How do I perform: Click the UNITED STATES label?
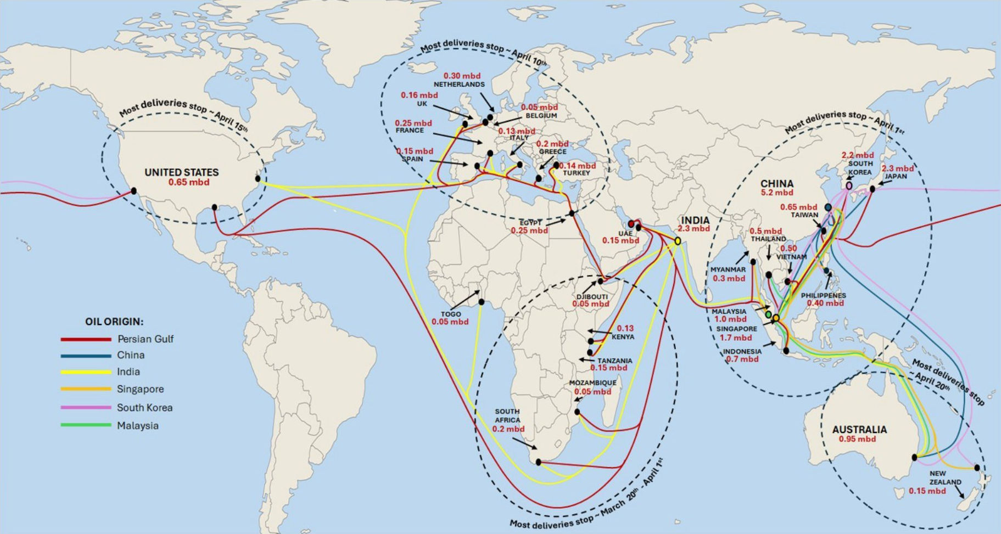point(181,172)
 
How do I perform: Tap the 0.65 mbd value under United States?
point(188,182)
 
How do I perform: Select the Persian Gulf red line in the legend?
point(86,339)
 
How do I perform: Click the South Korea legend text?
point(144,408)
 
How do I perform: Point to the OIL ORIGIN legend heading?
point(114,322)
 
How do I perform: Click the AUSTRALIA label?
point(859,429)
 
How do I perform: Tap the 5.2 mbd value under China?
point(776,193)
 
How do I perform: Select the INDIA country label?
point(695,220)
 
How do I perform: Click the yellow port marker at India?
point(678,241)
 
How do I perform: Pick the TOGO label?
point(450,314)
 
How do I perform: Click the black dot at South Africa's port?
point(538,462)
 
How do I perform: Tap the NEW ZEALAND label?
point(945,477)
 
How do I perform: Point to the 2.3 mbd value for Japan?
point(897,168)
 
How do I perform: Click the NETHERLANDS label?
point(459,85)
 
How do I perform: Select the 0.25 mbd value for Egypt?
point(529,231)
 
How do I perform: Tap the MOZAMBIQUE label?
point(592,383)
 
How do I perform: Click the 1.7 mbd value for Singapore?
point(735,338)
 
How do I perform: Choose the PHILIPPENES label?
point(823,295)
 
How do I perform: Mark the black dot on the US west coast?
point(133,191)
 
